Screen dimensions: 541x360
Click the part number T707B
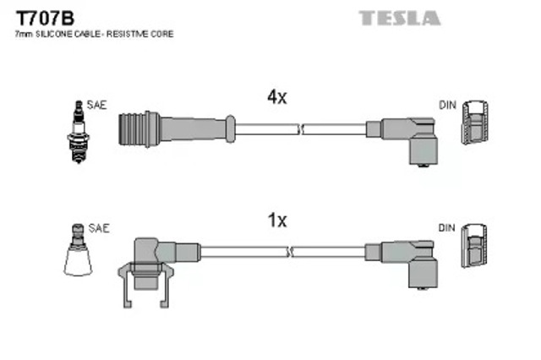click(45, 18)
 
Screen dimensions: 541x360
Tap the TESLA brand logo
click(400, 18)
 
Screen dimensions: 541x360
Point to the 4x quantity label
click(277, 97)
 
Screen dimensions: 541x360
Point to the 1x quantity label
click(277, 221)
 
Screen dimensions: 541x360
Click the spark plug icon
click(79, 132)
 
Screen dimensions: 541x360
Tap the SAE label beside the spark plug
click(96, 105)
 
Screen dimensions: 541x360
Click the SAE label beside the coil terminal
click(99, 228)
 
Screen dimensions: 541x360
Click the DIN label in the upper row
click(447, 105)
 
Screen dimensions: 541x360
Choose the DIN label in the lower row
click(447, 228)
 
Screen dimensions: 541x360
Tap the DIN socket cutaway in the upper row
click(475, 123)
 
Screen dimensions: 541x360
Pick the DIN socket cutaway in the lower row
click(474, 246)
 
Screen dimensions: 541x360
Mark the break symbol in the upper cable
click(300, 129)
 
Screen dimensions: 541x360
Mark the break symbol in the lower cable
click(289, 252)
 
